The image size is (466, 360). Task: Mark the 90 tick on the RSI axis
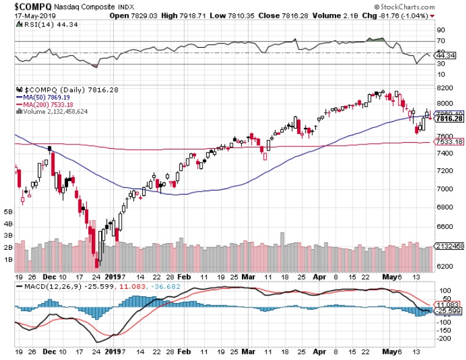point(440,29)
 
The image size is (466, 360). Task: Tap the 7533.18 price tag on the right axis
point(448,142)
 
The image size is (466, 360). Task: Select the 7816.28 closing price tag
point(448,119)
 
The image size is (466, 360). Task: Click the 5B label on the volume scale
point(9,211)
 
